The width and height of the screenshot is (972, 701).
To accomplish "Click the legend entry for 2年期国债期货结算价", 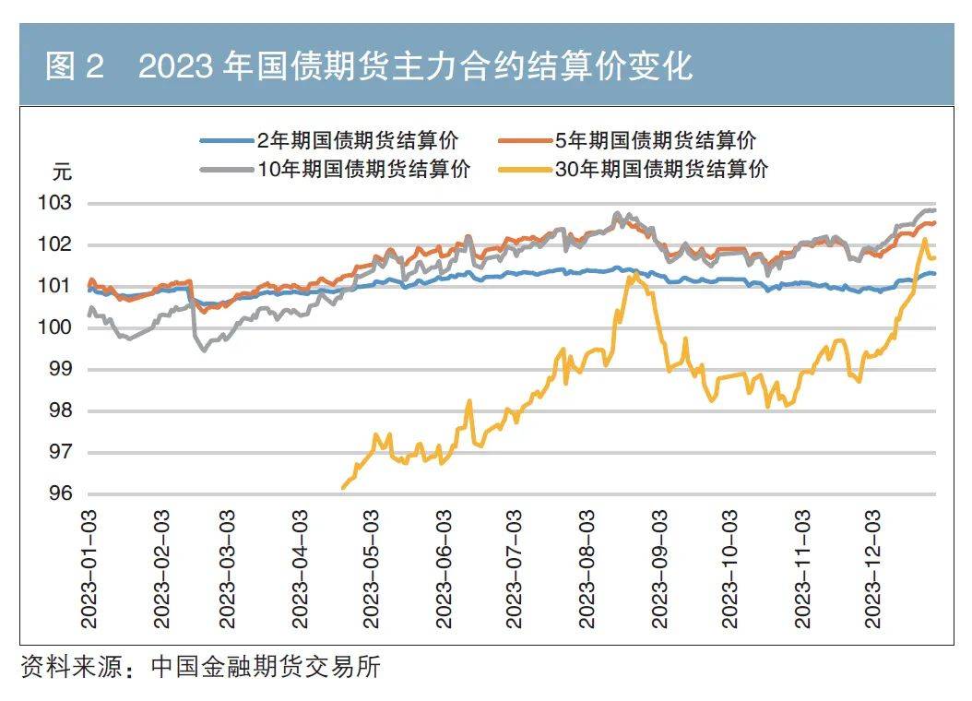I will click(x=356, y=141).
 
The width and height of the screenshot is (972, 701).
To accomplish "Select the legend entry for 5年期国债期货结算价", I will click(x=655, y=141).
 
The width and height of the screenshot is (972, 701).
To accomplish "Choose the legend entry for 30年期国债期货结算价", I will click(x=660, y=169).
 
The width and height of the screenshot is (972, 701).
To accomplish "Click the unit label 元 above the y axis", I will click(x=61, y=172).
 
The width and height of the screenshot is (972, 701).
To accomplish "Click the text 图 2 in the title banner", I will click(x=75, y=67).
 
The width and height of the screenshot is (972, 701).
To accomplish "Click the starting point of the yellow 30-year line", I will click(x=343, y=488).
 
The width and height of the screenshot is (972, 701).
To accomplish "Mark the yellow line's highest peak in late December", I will click(x=924, y=240).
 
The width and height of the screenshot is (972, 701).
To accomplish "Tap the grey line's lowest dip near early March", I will click(x=204, y=350).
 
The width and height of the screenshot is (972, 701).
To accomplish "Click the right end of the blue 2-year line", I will click(x=934, y=273).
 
